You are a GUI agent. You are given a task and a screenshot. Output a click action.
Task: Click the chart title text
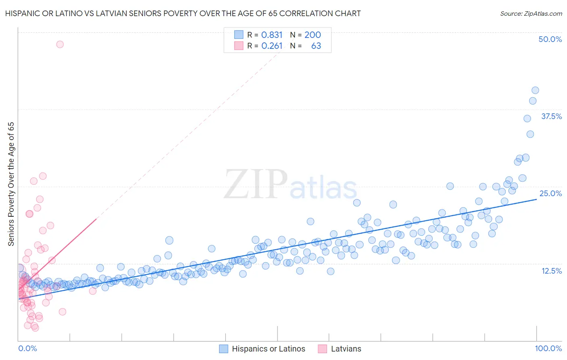[x=183, y=13]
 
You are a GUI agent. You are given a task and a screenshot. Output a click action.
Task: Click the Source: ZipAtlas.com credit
[x=531, y=13]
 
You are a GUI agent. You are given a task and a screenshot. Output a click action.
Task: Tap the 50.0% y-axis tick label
[x=550, y=39]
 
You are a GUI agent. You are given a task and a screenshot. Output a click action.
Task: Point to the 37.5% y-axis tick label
[x=551, y=116]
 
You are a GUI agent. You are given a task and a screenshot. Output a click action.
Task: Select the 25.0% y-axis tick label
[x=550, y=193]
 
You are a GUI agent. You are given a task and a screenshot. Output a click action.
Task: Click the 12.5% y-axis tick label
[x=551, y=270]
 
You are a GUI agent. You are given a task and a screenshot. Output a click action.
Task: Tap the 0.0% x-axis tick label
[x=27, y=348]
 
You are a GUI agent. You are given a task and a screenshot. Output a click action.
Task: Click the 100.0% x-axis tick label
[x=548, y=348]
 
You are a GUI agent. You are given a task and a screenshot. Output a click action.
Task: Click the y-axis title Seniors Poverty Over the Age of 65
[x=11, y=184]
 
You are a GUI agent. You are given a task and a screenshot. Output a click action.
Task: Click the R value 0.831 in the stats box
[x=272, y=35]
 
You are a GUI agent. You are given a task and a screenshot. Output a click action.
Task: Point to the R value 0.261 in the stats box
[x=272, y=46]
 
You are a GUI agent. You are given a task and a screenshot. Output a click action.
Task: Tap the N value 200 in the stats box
[x=313, y=35]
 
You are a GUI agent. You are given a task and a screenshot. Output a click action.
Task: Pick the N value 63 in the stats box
[x=316, y=46]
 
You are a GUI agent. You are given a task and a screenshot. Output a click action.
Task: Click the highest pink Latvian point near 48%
[x=60, y=44]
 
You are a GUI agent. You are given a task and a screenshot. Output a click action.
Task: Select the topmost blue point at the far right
[x=535, y=90]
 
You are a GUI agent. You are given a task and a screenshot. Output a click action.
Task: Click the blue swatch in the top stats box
[x=239, y=35]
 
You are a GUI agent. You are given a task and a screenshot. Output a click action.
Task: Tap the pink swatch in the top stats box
[x=239, y=46]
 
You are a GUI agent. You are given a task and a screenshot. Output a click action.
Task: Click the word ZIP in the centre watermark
[x=255, y=184]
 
